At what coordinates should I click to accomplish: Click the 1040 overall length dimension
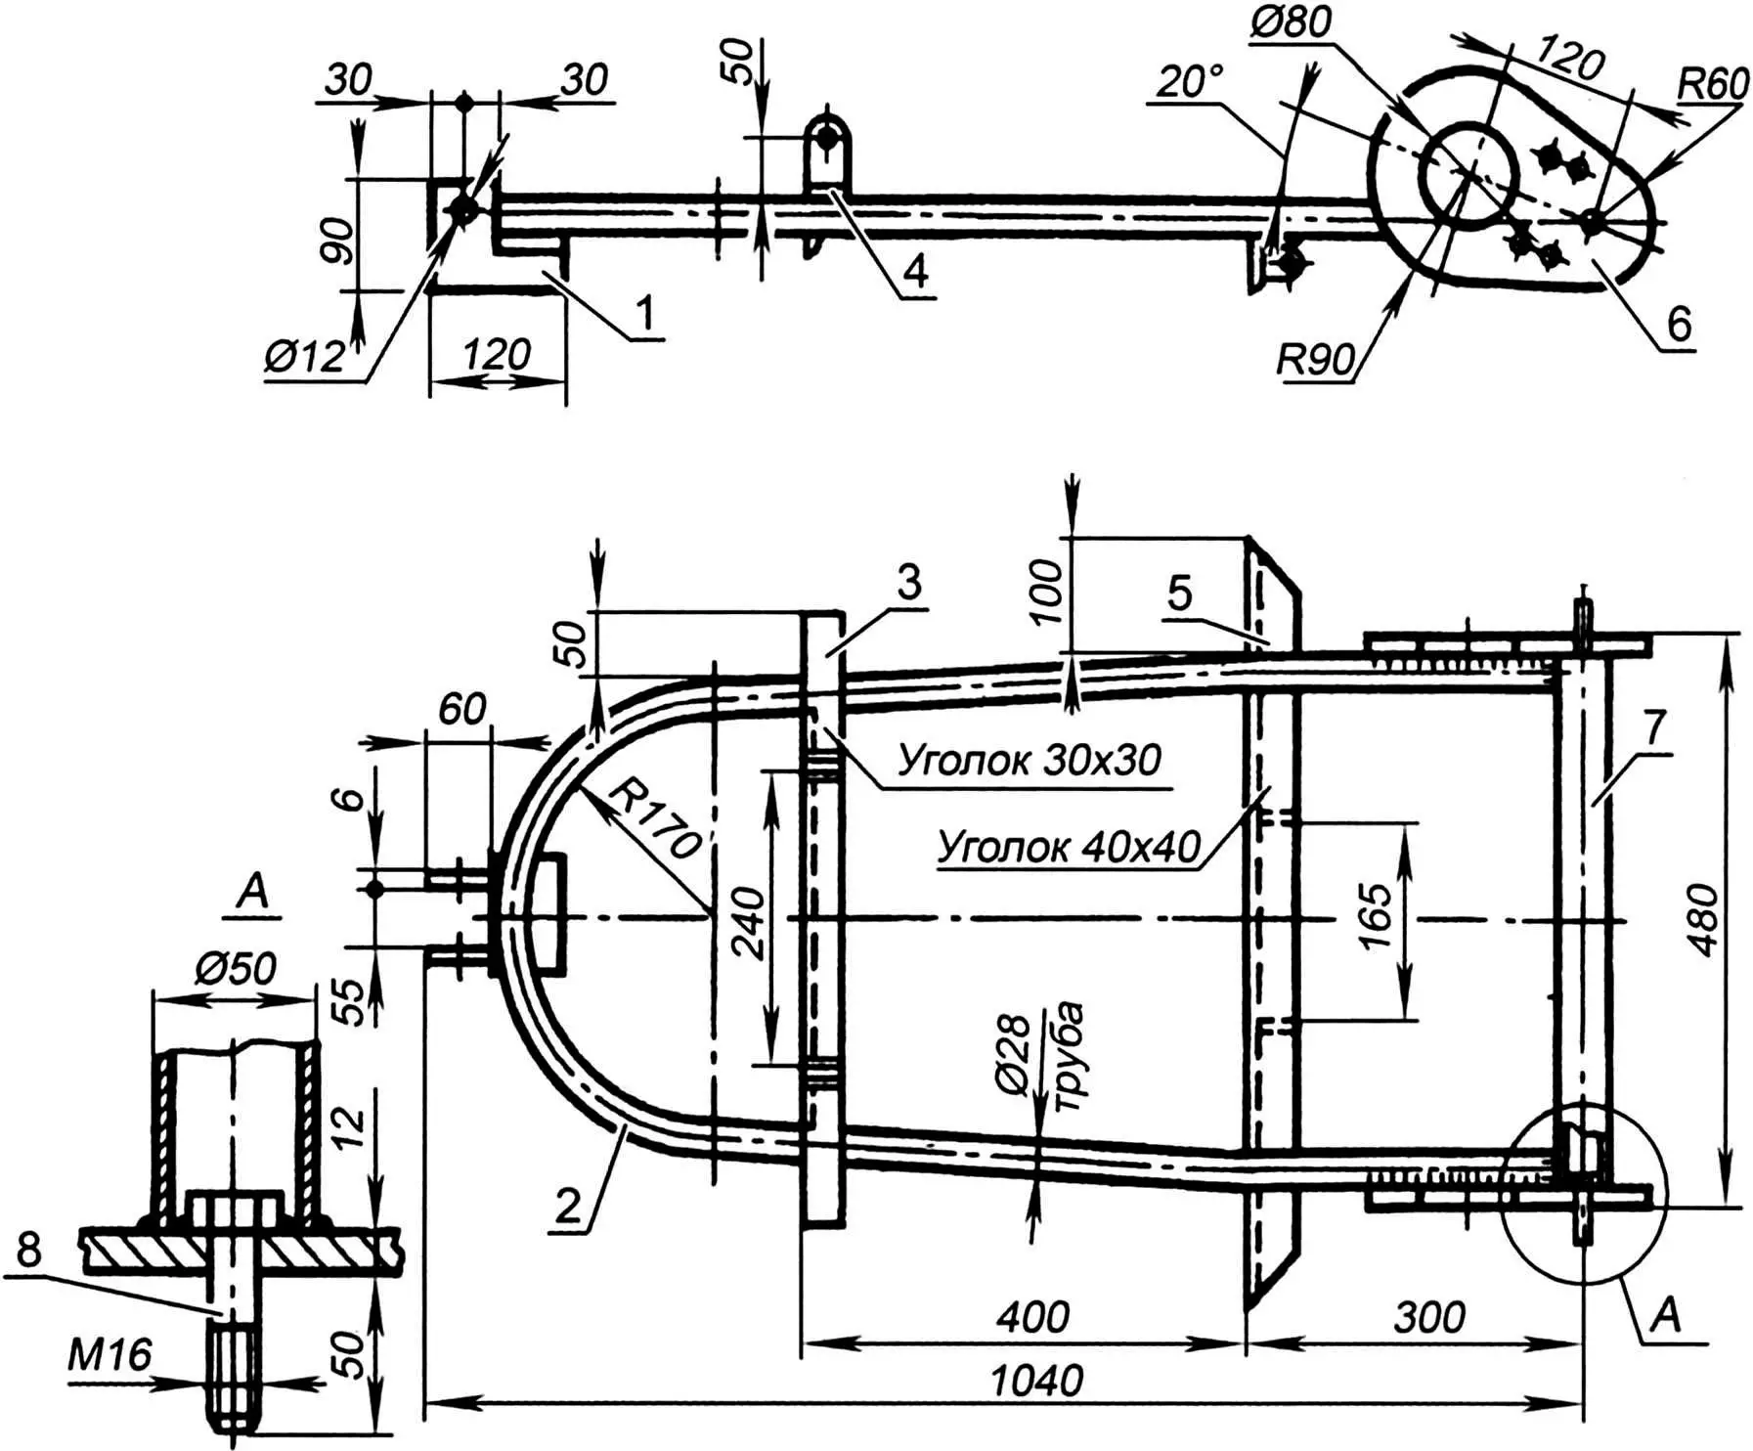coord(1036,1381)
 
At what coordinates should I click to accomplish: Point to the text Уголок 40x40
coord(1068,847)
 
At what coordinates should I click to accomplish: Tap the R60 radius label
coord(1712,85)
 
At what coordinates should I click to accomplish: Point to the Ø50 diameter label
coord(235,969)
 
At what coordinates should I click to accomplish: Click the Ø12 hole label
coord(304,357)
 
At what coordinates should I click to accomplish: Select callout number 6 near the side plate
coord(1678,324)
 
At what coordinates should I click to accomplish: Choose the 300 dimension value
coord(1428,1317)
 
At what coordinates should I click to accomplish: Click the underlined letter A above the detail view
coord(252,892)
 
